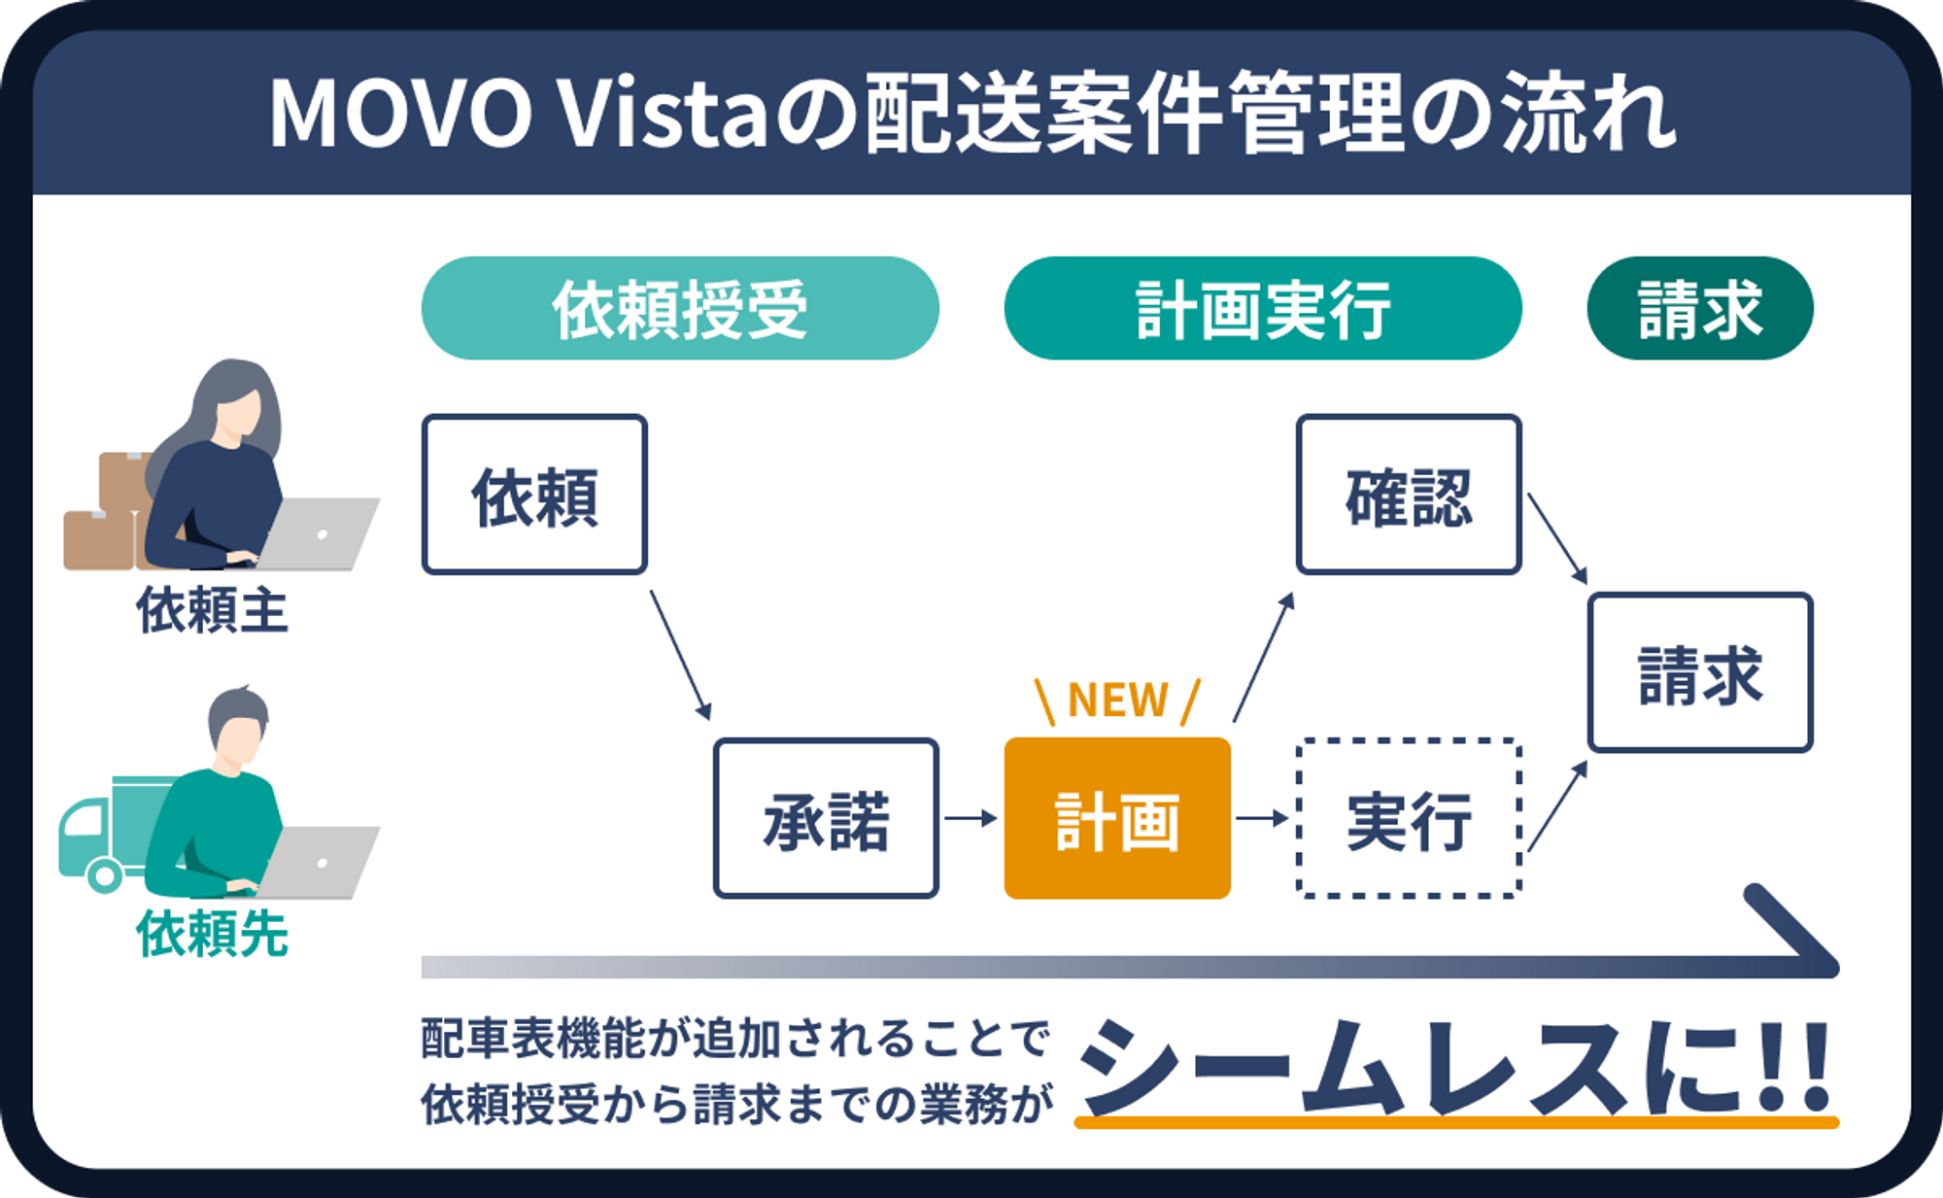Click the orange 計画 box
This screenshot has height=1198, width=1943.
coord(1117,818)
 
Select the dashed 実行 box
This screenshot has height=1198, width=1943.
coord(1409,818)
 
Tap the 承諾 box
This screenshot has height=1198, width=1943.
coord(826,818)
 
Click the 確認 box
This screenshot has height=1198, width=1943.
coord(1409,495)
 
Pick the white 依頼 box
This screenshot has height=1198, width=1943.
coord(534,495)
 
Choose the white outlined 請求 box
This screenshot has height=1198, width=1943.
coord(1700,672)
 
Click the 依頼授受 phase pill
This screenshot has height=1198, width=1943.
coord(680,309)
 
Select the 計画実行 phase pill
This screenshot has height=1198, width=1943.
coord(1263,309)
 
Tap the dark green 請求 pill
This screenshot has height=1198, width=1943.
coord(1700,309)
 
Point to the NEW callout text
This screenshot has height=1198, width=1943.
coord(1117,701)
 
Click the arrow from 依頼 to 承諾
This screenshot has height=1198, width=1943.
coord(680,655)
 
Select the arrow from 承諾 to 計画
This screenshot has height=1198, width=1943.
coord(971,818)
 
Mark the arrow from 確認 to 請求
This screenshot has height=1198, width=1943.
coord(1556,538)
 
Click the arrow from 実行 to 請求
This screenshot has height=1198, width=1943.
coord(1557,805)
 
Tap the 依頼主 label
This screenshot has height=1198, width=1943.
coord(212,610)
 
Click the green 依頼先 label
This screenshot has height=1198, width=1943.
coord(212,934)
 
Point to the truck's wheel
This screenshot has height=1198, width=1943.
coord(105,874)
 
